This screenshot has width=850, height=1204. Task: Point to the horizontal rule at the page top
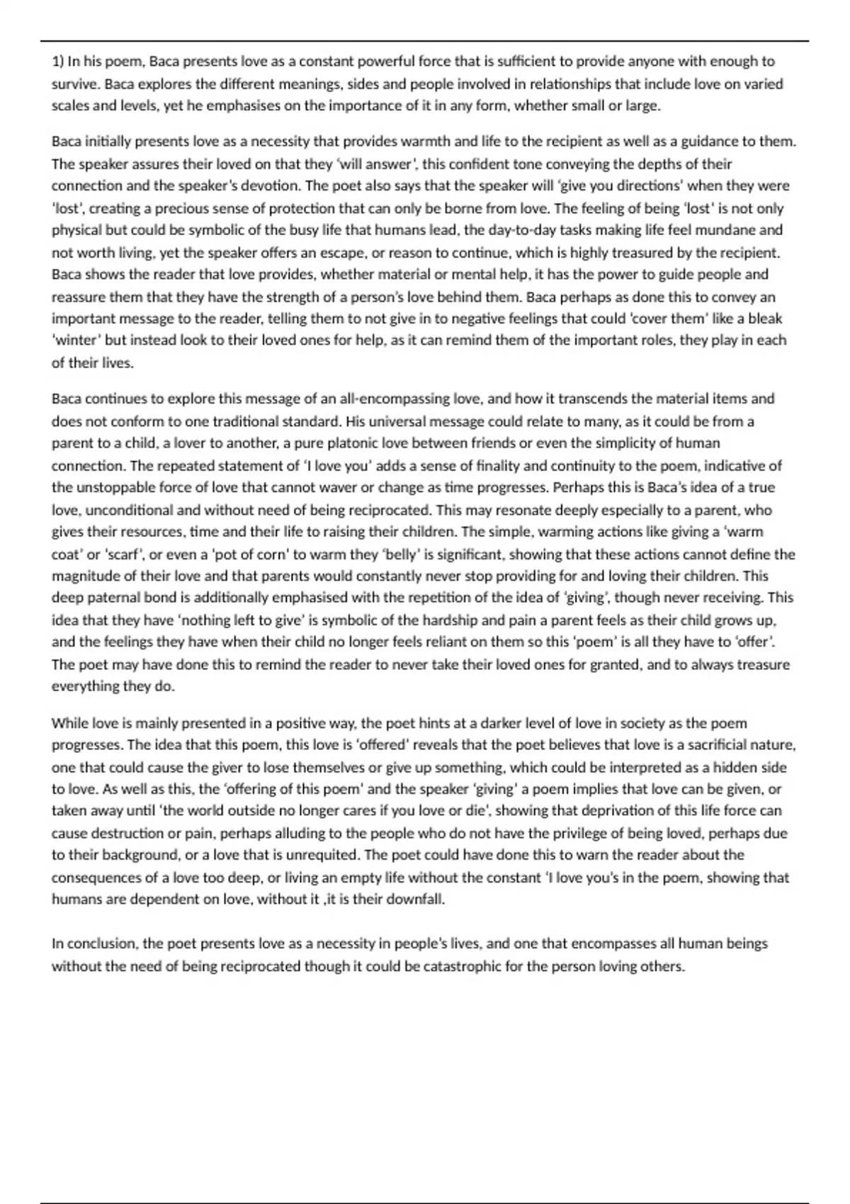coord(425,41)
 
